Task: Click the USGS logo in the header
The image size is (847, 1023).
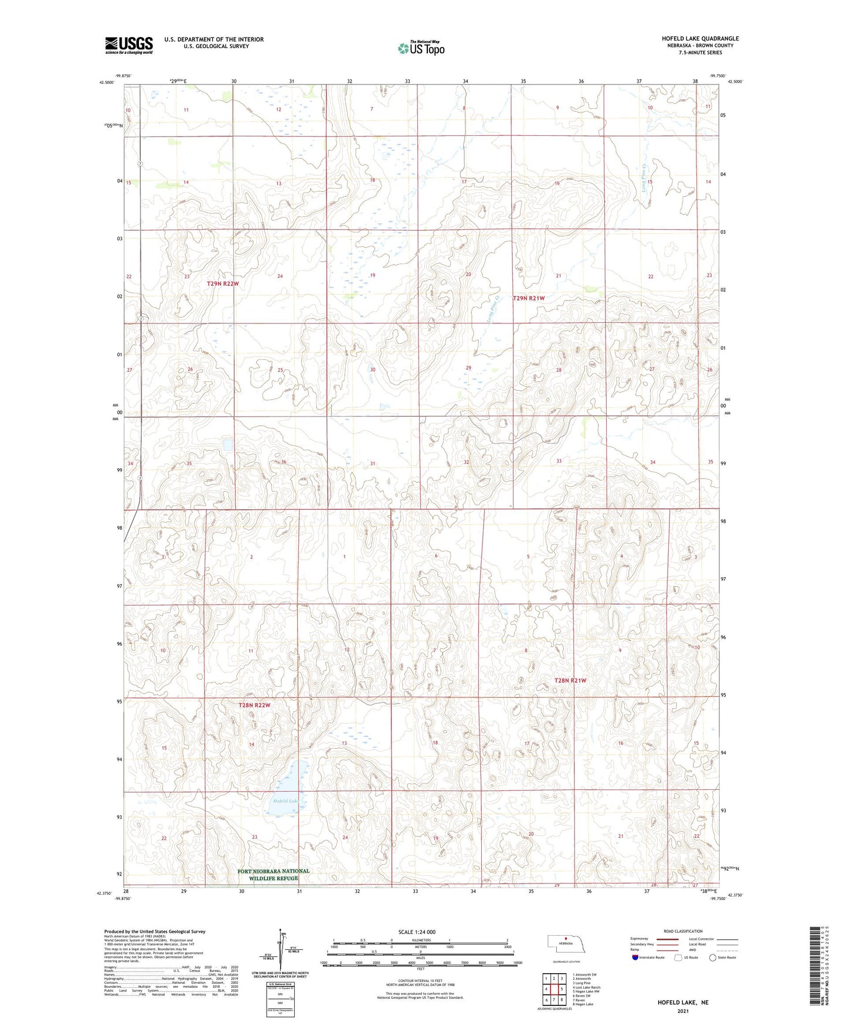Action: (129, 45)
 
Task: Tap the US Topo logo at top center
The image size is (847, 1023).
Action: (421, 47)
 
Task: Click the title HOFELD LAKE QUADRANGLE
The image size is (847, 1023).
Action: (700, 39)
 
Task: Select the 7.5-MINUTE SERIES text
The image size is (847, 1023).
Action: (700, 53)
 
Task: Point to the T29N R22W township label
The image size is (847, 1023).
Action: (223, 284)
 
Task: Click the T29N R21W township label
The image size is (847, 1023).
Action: (529, 298)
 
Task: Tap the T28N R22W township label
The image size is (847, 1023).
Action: (254, 705)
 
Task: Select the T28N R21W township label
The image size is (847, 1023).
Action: (570, 680)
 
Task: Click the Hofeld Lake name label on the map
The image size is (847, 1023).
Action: (285, 801)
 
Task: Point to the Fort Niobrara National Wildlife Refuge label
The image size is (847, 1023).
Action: (273, 874)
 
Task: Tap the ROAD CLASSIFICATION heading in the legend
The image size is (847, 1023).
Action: (683, 931)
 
